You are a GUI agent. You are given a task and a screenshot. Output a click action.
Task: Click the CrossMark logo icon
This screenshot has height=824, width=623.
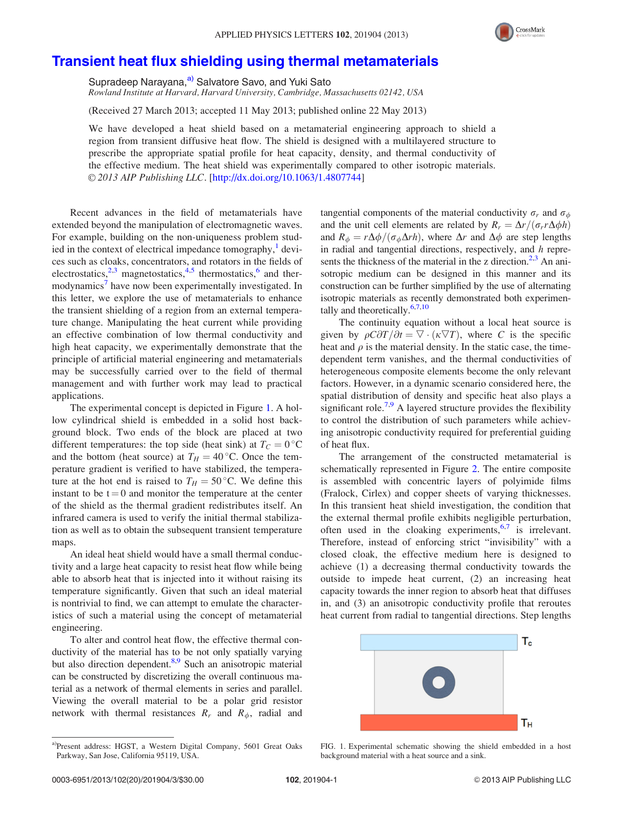[x=504, y=32]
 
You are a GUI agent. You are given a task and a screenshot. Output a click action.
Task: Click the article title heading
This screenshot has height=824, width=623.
[x=245, y=62]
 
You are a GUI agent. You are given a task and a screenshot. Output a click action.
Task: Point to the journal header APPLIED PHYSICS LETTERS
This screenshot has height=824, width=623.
[x=274, y=35]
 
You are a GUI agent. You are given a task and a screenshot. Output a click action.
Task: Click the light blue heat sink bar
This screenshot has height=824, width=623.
[x=438, y=642]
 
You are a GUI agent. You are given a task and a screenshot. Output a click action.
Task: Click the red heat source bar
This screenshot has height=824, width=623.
[x=438, y=722]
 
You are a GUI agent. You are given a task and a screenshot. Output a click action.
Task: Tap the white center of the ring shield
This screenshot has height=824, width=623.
[x=438, y=682]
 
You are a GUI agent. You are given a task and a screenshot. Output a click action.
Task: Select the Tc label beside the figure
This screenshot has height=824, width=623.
[x=527, y=642]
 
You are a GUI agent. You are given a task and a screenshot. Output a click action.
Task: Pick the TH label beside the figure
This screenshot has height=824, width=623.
[x=527, y=723]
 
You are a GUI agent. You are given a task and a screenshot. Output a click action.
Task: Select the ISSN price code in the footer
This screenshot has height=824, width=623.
[x=128, y=780]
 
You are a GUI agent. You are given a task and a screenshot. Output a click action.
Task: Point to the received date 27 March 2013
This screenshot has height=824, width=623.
[x=163, y=111]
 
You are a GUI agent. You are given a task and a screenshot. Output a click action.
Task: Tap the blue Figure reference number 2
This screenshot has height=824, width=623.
[x=474, y=469]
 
